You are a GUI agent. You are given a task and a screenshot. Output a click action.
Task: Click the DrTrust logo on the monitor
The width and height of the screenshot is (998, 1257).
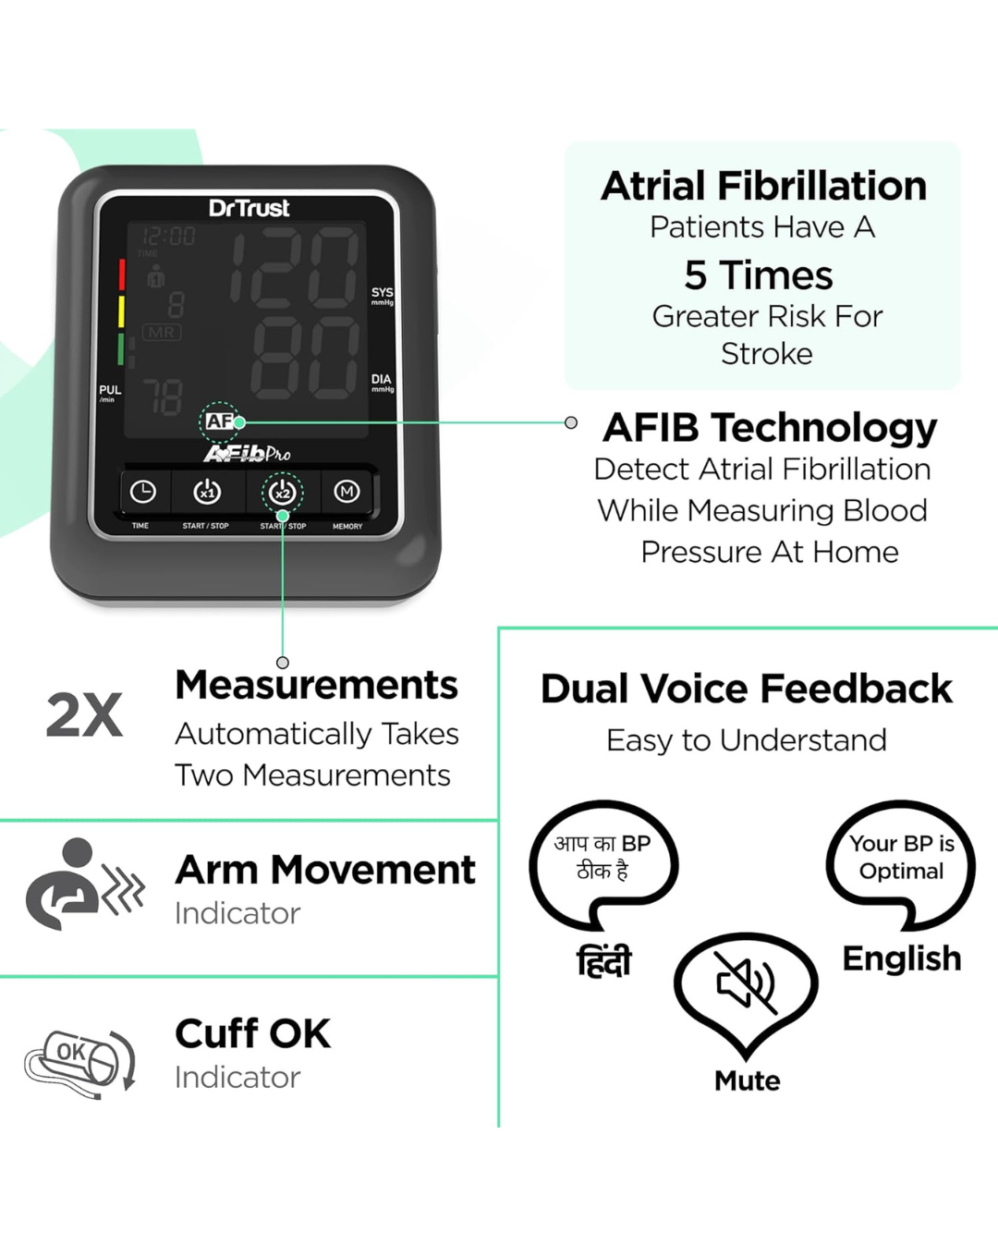(249, 208)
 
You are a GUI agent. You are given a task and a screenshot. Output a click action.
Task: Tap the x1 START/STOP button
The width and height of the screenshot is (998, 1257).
(207, 492)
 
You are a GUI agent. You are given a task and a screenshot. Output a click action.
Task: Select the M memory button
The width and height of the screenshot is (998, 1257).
(347, 491)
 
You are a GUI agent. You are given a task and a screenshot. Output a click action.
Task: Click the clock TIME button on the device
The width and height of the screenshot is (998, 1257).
(143, 492)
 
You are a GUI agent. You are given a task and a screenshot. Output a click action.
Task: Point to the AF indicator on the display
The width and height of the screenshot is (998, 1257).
(220, 421)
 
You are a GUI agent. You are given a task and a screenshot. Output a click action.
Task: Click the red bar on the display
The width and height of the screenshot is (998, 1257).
(121, 275)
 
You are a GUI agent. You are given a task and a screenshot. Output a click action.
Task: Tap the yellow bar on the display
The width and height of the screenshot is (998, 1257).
(121, 311)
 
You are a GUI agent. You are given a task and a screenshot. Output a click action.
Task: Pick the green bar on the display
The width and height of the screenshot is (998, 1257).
(121, 348)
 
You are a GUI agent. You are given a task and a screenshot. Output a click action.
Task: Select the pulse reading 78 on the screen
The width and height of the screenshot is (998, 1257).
(163, 397)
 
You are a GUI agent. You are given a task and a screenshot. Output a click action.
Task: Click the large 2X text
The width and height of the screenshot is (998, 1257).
(85, 715)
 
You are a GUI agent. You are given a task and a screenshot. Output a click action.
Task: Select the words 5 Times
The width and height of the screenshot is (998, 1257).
(759, 275)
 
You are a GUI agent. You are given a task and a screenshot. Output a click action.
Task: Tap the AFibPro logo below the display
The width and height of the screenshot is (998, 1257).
(247, 453)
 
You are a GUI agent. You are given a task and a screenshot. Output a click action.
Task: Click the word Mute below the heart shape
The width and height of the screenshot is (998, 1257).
(747, 1080)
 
